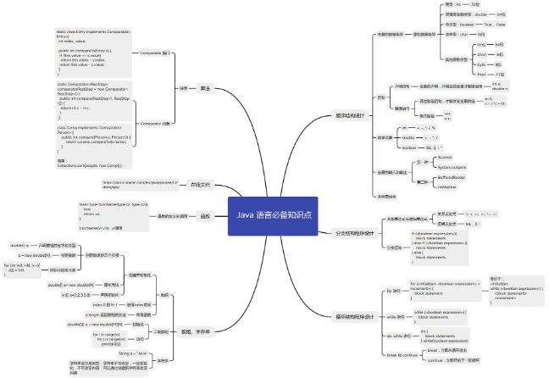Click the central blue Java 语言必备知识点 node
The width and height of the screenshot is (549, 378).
[x=274, y=215]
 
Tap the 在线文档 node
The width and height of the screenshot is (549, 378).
[x=200, y=184]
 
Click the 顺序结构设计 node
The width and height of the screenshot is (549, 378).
[x=349, y=115]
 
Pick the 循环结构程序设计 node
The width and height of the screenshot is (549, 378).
[x=353, y=317]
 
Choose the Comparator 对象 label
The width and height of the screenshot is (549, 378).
[x=155, y=123]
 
